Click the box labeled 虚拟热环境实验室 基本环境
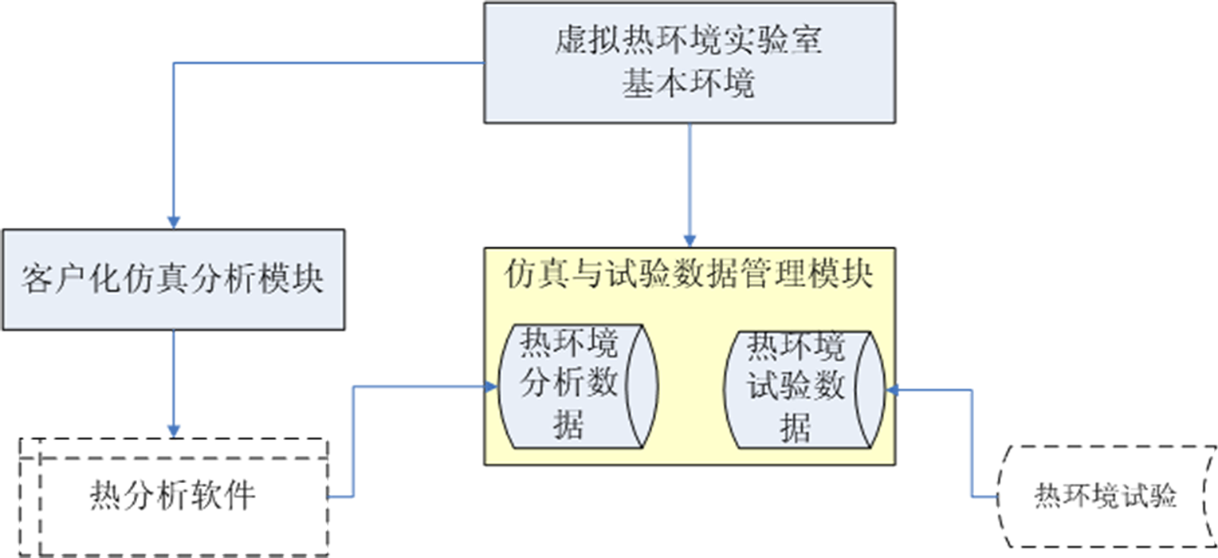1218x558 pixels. coord(689,62)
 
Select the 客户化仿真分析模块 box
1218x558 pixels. coord(172,279)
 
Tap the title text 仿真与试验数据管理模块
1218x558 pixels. coord(689,276)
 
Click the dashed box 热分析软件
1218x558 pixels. coord(172,496)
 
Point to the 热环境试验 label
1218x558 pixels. coord(1105,496)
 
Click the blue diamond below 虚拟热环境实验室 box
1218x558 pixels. coord(690,186)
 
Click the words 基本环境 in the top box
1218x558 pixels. coord(689,83)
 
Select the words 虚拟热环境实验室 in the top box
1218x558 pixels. coord(689,41)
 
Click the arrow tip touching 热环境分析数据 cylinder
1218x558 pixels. coord(489,387)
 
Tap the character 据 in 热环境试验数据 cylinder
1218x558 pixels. coord(796,427)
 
